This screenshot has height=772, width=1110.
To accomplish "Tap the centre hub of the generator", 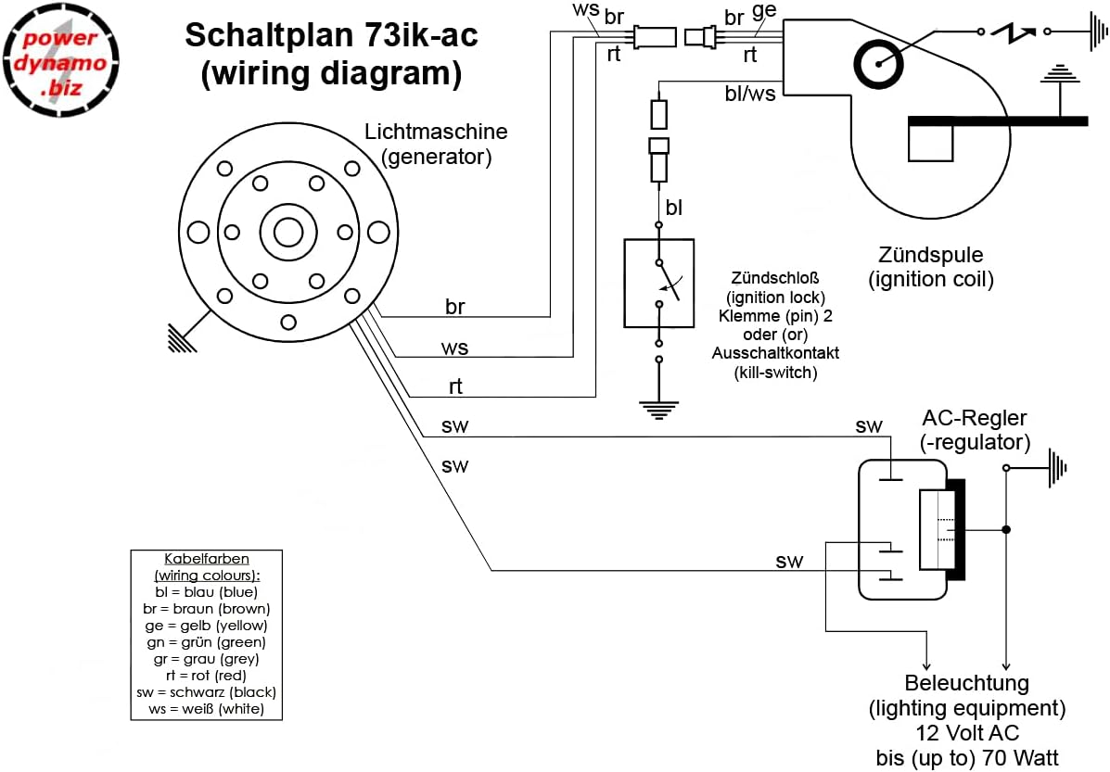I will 287,231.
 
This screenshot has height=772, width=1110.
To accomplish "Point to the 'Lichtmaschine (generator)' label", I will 436,145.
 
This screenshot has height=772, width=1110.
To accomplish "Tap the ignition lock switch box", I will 658,283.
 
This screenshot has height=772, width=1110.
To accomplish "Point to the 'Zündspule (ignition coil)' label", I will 931,267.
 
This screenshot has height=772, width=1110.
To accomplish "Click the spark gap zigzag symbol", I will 1014,32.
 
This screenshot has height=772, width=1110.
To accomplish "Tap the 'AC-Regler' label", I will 975,418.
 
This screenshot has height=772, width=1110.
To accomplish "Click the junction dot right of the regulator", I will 1007,529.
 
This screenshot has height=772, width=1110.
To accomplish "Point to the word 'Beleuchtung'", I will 967,684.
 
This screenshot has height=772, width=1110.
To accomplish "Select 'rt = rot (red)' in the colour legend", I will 205,676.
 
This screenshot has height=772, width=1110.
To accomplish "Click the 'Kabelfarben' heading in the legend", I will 206,559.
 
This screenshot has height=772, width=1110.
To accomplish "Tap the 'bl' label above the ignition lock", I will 673,207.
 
